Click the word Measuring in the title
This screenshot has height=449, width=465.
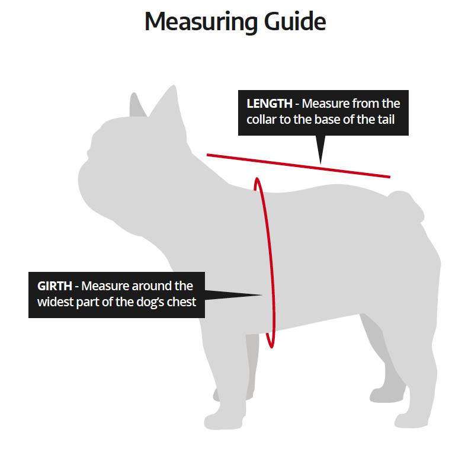pyautogui.click(x=201, y=23)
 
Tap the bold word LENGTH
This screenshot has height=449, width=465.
pyautogui.click(x=270, y=104)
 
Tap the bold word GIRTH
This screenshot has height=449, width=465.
pyautogui.click(x=54, y=286)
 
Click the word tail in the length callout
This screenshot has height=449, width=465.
pyautogui.click(x=386, y=119)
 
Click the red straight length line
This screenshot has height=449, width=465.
pyautogui.click(x=299, y=166)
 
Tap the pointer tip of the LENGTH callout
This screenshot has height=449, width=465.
pyautogui.click(x=320, y=163)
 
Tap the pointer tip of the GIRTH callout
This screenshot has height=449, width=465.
pyautogui.click(x=262, y=295)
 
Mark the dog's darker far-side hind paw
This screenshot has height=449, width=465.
pyautogui.click(x=386, y=395)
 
